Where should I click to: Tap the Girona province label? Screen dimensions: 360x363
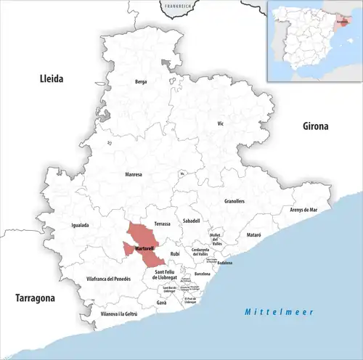coord(315,126)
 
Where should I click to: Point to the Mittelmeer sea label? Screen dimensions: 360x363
coord(279,311)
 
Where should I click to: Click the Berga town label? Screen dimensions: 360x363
coord(141,82)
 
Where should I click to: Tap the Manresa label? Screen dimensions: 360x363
coord(134,175)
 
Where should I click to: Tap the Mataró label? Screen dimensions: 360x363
coord(252,236)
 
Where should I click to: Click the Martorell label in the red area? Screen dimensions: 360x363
coord(144,250)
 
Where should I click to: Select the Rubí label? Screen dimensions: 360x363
coord(175,253)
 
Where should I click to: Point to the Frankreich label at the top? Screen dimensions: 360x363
coord(179,6)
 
